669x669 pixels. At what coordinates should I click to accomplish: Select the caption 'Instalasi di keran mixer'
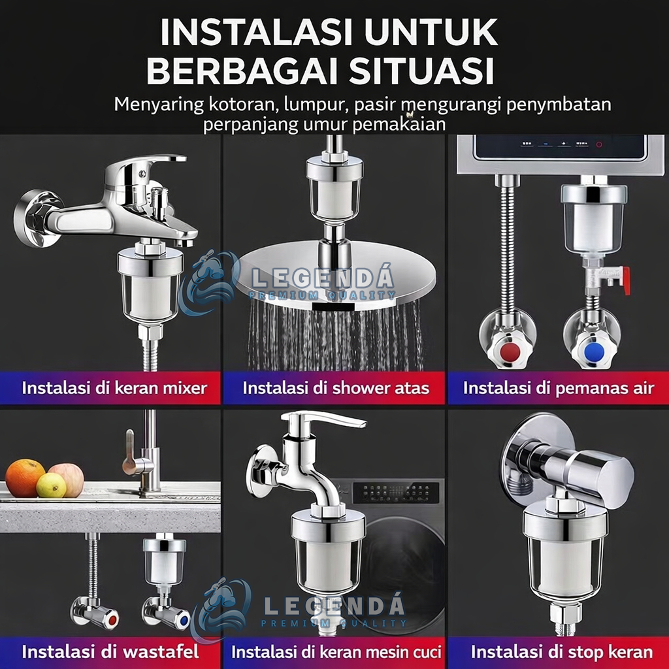coord(114,388)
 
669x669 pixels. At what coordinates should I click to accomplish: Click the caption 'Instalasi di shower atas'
coord(336,388)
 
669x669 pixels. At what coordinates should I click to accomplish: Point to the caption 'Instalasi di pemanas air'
coord(559,388)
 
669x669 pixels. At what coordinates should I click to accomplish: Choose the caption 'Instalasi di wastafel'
coord(110,651)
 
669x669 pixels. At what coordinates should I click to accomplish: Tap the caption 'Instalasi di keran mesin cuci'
coord(336,651)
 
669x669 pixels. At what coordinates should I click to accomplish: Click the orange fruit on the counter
coord(25,478)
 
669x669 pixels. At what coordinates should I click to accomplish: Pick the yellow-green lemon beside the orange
coord(51,485)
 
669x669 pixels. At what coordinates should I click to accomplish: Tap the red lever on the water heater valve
coord(625,280)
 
